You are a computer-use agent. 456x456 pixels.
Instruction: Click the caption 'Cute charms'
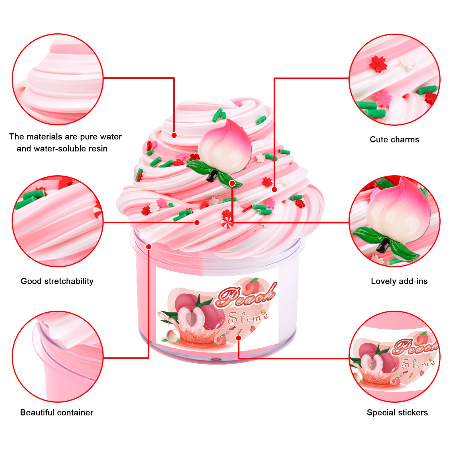[x=394, y=139]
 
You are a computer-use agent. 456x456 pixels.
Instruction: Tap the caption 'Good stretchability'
[x=57, y=281]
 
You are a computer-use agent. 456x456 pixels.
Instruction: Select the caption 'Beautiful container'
[x=56, y=412]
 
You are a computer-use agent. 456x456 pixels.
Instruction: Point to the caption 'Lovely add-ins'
[x=399, y=281]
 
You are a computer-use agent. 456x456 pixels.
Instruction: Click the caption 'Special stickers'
[x=397, y=412]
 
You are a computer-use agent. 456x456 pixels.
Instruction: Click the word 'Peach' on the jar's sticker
[x=246, y=296]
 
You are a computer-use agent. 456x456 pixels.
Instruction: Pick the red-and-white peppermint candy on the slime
[x=227, y=222]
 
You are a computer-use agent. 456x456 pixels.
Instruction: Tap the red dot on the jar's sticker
[x=239, y=338]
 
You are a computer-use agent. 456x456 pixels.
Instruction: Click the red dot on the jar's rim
[x=148, y=247]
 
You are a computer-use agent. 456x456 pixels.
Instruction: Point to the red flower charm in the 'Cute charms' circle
[x=378, y=64]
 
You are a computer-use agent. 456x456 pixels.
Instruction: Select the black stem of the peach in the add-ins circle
[x=383, y=246]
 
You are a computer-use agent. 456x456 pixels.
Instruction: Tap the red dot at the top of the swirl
[x=174, y=135]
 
